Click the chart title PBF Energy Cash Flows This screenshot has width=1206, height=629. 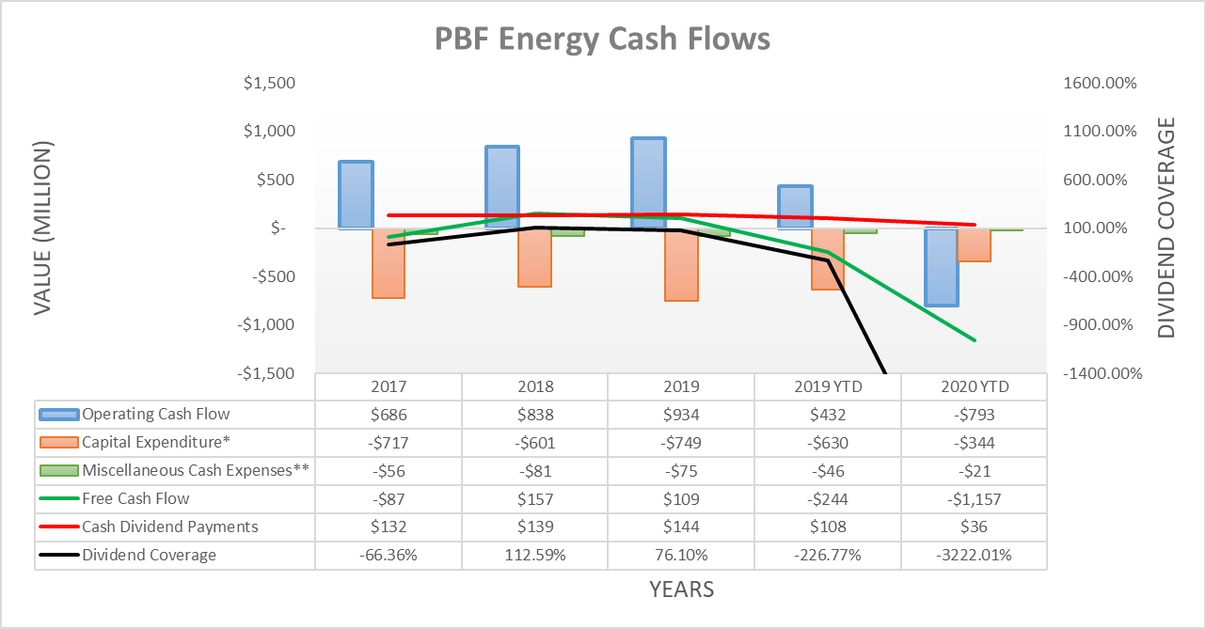[x=602, y=39]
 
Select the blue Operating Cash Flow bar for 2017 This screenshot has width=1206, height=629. [x=356, y=195]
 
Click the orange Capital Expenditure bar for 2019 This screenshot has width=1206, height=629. [x=681, y=264]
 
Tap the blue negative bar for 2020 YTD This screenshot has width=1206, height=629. [x=941, y=267]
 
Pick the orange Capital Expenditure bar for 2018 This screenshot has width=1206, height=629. [x=534, y=257]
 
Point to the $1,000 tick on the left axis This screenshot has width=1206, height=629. [x=269, y=132]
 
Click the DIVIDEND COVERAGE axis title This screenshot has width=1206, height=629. [x=1166, y=228]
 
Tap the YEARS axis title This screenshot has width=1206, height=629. [x=681, y=590]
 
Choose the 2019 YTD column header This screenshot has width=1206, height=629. [x=827, y=386]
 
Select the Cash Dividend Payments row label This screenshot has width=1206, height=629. [x=169, y=527]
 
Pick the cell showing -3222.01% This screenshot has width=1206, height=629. [x=974, y=556]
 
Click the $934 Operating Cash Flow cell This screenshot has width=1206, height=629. [x=681, y=415]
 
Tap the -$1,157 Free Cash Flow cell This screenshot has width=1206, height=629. [x=974, y=499]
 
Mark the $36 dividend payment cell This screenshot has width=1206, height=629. [x=974, y=527]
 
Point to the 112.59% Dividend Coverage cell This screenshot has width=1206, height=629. [x=534, y=556]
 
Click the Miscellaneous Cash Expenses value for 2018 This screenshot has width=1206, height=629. [x=534, y=471]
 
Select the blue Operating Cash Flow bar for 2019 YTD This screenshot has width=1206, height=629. [x=795, y=207]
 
